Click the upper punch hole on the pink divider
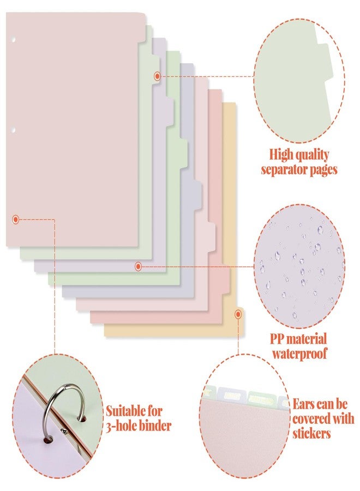click(14, 40)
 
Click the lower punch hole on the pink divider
click(14, 130)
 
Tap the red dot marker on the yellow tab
click(238, 314)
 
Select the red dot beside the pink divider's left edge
click(16, 219)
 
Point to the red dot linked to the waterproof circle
click(138, 266)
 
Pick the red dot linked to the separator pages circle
click(157, 76)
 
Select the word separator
click(284, 170)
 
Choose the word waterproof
click(299, 354)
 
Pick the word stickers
click(312, 434)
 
